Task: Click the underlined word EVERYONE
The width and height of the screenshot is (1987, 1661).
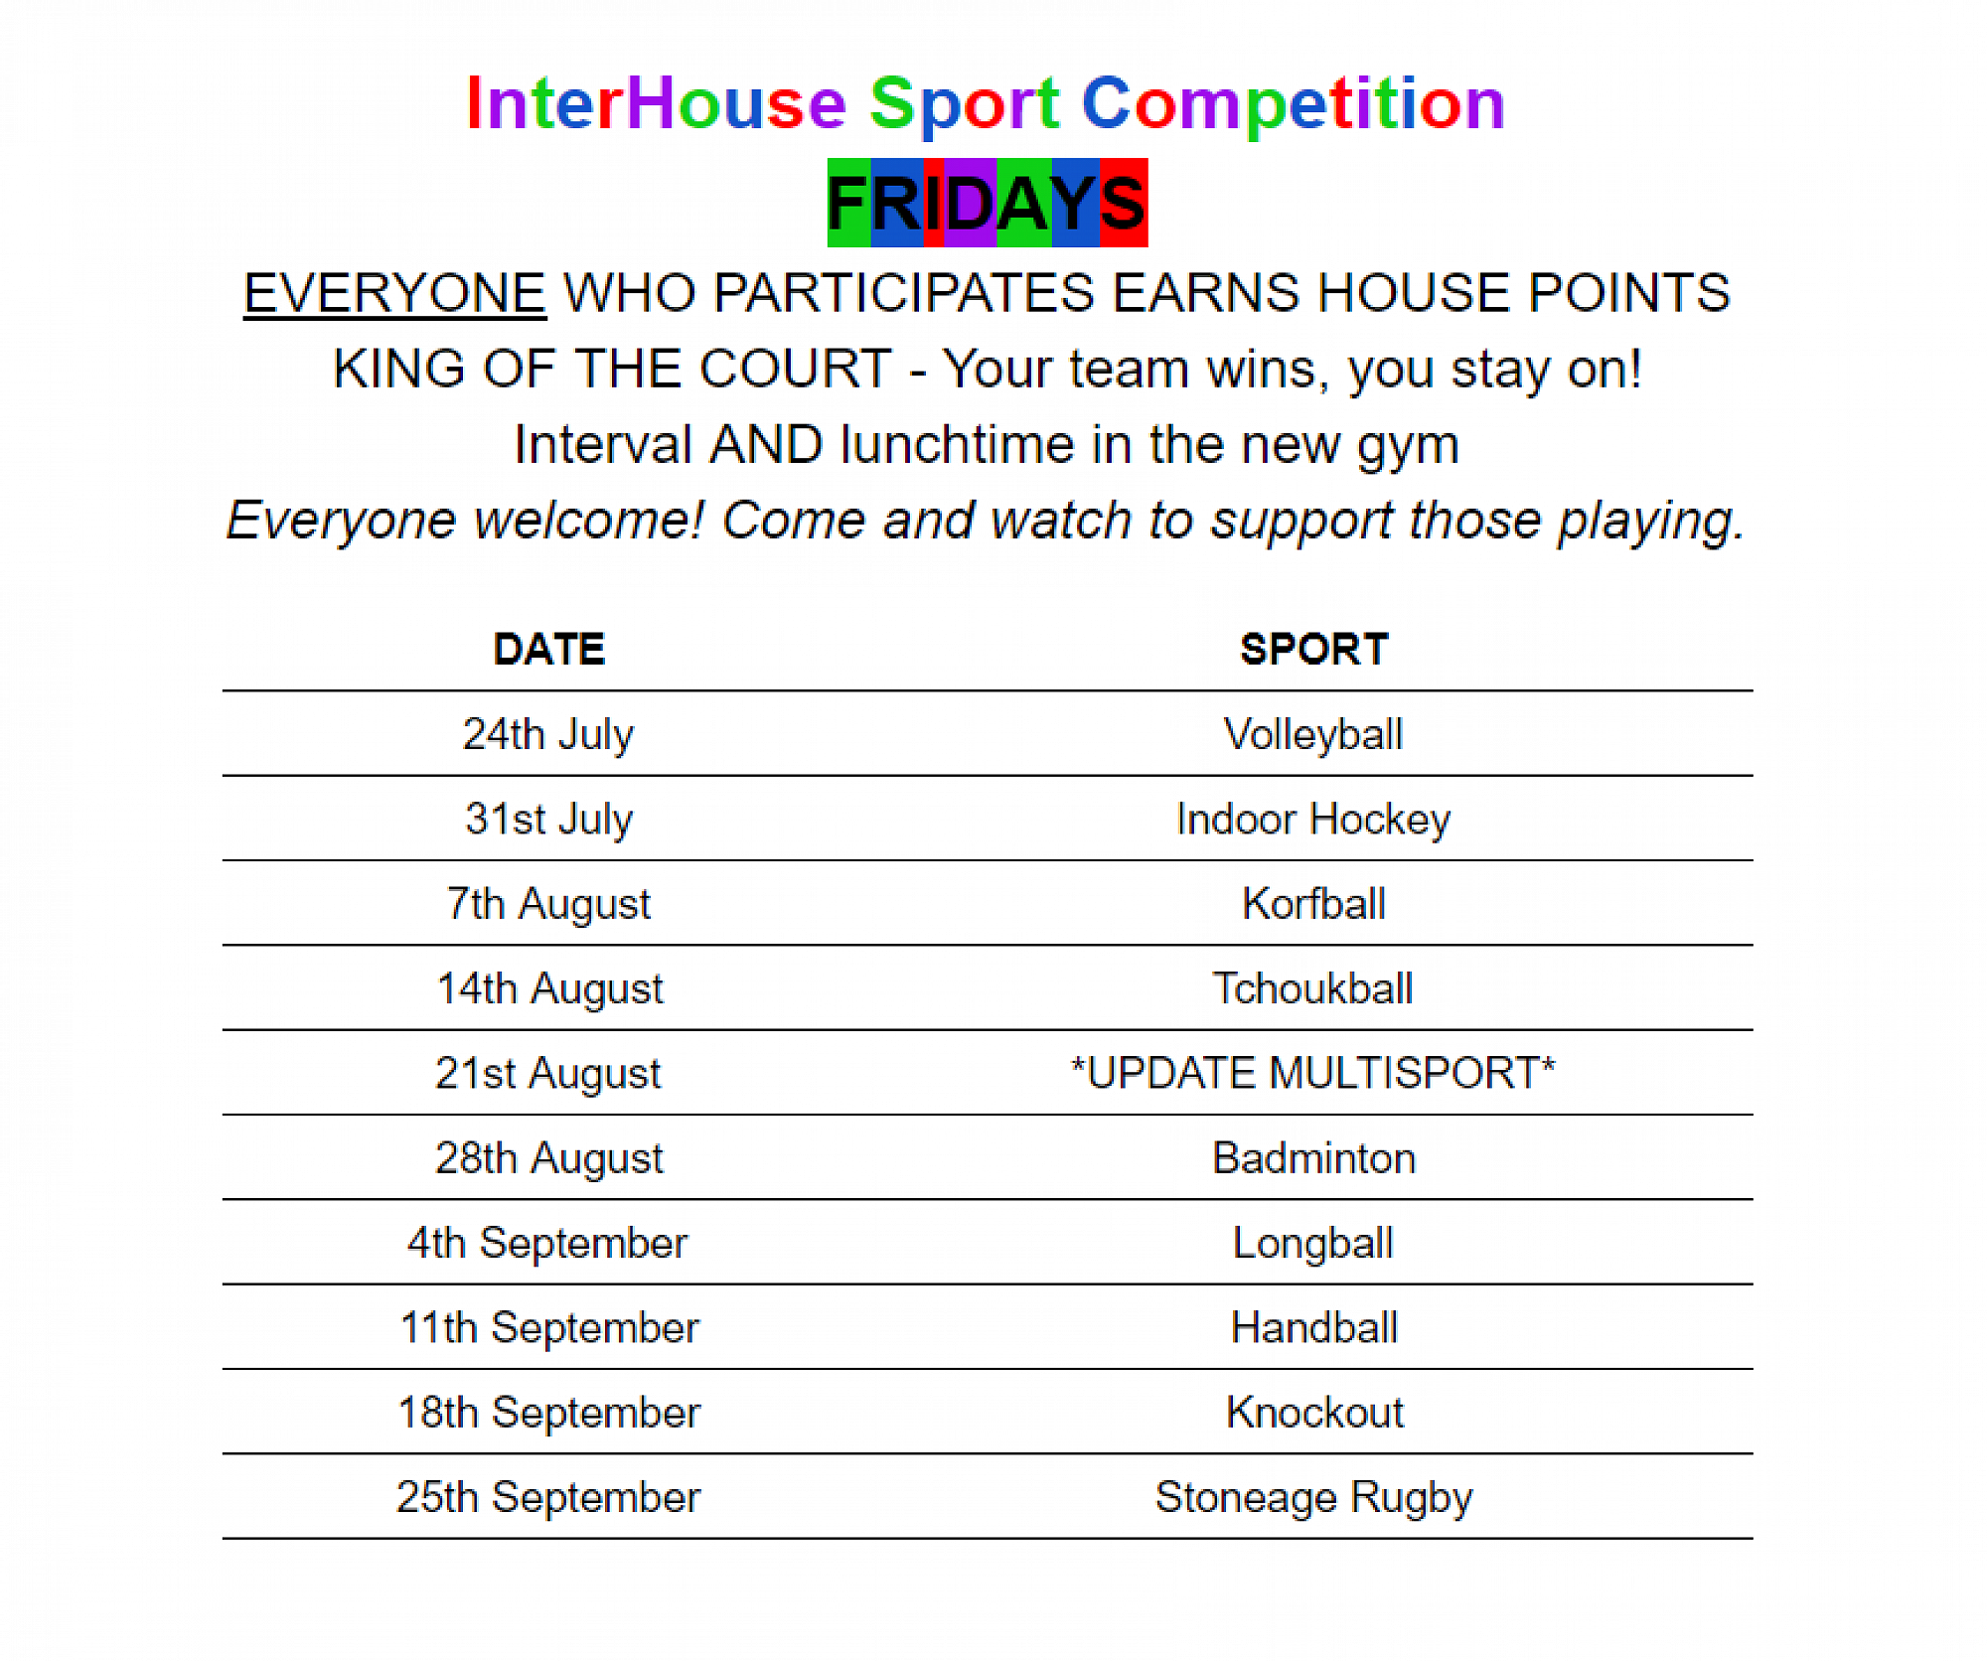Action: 394,293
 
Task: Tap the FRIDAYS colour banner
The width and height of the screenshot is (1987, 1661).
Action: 988,203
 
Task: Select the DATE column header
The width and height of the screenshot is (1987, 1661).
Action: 549,650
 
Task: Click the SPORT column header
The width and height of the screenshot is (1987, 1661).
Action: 1313,650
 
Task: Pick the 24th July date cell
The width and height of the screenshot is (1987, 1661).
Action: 548,735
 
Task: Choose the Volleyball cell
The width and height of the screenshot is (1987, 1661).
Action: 1313,735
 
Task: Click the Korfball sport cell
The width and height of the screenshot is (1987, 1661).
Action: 1313,904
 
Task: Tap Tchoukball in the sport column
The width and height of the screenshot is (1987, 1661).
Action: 1313,989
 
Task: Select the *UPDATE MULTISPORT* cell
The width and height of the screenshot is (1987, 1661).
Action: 1313,1073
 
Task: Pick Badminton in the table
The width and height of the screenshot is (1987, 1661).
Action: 1313,1158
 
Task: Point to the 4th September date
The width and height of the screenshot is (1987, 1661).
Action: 547,1244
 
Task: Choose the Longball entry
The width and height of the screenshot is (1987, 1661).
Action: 1313,1244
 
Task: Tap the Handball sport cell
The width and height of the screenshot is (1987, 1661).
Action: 1313,1328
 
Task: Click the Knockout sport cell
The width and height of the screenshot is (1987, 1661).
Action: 1314,1413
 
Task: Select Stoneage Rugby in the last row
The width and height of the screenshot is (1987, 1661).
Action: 1313,1498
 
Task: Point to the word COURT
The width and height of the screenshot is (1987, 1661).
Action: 795,369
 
